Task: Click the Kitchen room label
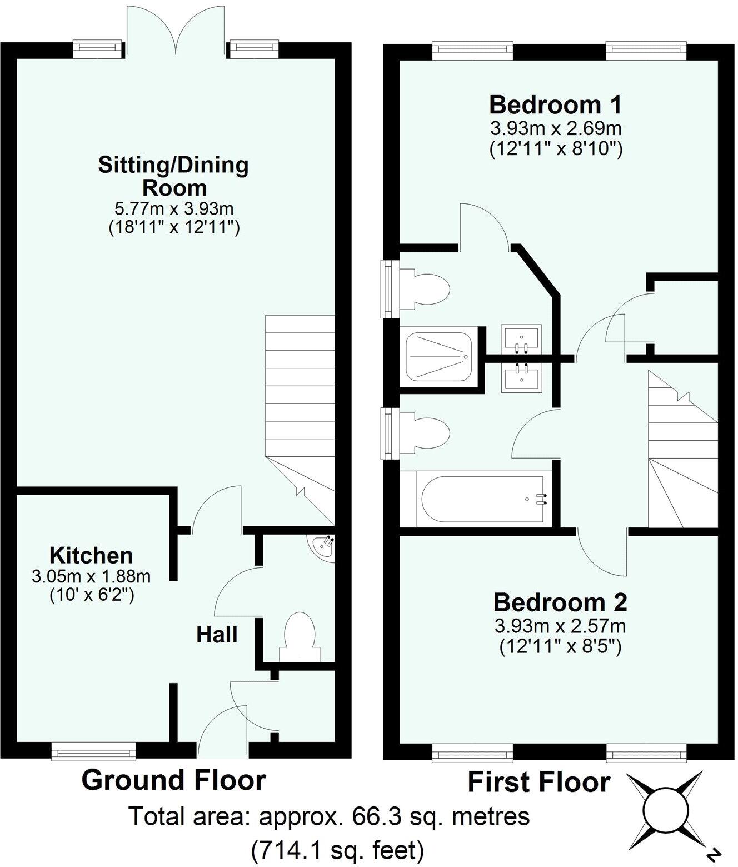91,555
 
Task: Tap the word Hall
217,634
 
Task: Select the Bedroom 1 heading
555,104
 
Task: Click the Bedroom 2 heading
560,602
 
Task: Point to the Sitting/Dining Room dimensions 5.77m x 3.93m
173,209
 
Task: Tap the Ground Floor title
173,780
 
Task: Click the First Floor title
538,782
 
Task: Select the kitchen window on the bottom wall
93,753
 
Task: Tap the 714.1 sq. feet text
337,850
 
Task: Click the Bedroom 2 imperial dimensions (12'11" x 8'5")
560,646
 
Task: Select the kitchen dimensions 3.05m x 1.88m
91,576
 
